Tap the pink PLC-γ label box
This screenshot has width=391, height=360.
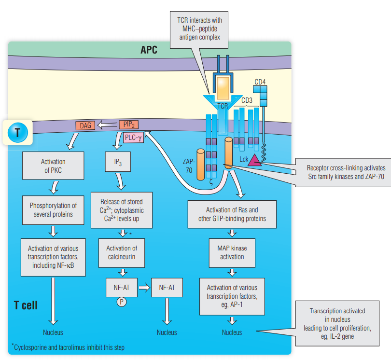pyautogui.click(x=133, y=138)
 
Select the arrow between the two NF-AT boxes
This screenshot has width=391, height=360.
pyautogui.click(x=144, y=289)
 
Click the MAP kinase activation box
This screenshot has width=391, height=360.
pyautogui.click(x=232, y=252)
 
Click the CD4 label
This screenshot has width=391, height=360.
pyautogui.click(x=260, y=82)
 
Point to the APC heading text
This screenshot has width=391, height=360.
pyautogui.click(x=149, y=50)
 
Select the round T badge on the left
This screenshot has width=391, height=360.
pyautogui.click(x=17, y=132)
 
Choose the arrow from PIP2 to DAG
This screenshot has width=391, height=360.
pyautogui.click(x=107, y=125)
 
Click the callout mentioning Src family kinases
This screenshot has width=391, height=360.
pyautogui.click(x=346, y=172)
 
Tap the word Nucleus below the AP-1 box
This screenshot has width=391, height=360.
pyautogui.click(x=232, y=332)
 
